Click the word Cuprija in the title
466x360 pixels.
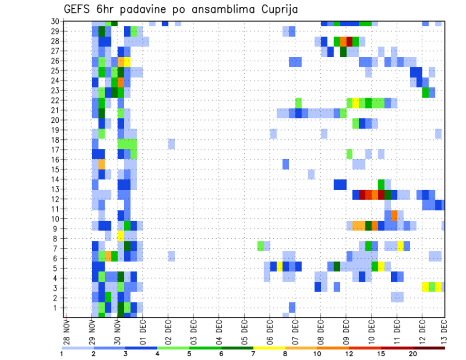(277, 9)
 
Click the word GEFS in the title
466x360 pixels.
(77, 9)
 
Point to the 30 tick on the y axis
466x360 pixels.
(55, 21)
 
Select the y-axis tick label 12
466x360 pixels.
(55, 199)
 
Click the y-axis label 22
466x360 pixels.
(55, 100)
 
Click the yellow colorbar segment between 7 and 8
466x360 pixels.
(269, 347)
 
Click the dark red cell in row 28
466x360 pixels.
(349, 41)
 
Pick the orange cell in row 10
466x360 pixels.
(394, 214)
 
